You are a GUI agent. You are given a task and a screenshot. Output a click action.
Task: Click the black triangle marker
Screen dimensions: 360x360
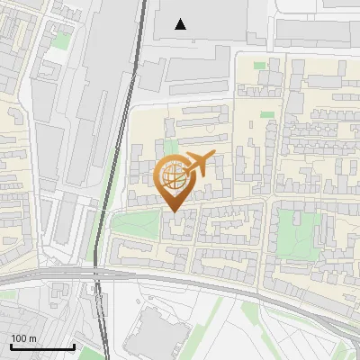182,24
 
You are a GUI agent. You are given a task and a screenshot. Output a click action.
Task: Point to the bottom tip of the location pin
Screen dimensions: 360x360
174,211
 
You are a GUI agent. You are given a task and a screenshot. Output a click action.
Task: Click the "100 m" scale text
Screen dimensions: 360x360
23,338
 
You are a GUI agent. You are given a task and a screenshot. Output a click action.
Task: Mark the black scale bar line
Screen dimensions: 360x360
41,346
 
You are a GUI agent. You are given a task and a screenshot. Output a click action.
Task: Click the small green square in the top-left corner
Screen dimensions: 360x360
61,40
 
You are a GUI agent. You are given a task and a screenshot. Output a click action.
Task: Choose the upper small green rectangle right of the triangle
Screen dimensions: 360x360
260,65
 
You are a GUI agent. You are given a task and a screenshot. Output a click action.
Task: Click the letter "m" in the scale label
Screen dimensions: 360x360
32,338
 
